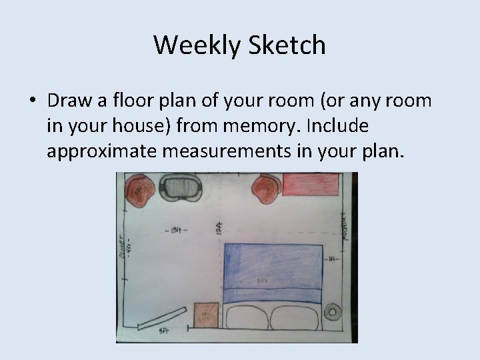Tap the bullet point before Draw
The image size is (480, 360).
[x=32, y=102]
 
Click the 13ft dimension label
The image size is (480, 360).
[x=175, y=231]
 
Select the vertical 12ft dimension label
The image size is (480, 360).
[x=219, y=231]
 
